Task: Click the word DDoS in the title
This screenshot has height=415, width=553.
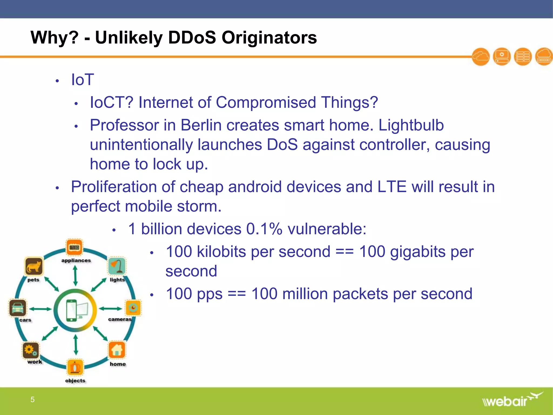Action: [192, 37]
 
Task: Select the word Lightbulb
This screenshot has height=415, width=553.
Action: [411, 125]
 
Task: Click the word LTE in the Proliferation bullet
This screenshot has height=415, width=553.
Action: [392, 187]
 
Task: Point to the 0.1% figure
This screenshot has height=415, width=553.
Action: [264, 229]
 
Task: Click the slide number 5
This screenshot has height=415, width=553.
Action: [32, 399]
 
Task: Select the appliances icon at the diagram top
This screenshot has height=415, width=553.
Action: [75, 247]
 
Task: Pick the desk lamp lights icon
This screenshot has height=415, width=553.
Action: [117, 266]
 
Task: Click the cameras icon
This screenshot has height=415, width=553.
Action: [133, 307]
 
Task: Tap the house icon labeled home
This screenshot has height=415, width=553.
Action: [117, 350]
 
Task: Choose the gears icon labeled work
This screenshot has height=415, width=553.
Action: [31, 350]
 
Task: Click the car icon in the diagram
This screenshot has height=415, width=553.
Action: [18, 308]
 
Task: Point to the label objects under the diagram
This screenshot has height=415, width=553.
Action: [75, 380]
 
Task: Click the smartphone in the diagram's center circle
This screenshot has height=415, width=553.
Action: [72, 310]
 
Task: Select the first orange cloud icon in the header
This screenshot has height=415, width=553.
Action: [481, 57]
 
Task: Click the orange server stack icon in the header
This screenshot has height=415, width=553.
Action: [523, 57]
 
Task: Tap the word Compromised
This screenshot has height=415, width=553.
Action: [266, 102]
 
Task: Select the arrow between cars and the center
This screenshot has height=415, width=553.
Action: [41, 309]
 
